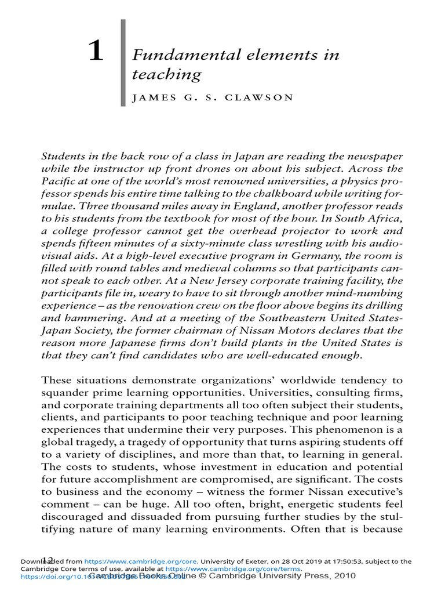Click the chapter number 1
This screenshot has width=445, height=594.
96,53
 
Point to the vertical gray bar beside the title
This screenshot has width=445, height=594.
123,63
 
